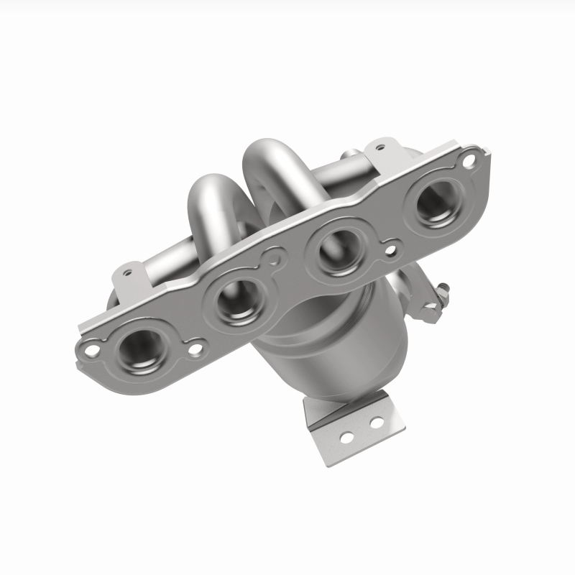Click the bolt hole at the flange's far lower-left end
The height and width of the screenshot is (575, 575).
point(91,350)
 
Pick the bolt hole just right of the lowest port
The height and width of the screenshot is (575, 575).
point(195,350)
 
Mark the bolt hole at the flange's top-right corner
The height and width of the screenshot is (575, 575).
point(469,161)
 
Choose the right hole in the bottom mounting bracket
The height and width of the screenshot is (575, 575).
point(374,423)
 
